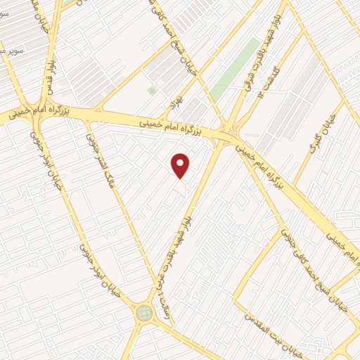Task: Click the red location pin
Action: pos(181,165)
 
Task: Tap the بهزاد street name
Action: pos(169,105)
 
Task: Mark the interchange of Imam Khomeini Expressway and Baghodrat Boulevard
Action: pos(229,129)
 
